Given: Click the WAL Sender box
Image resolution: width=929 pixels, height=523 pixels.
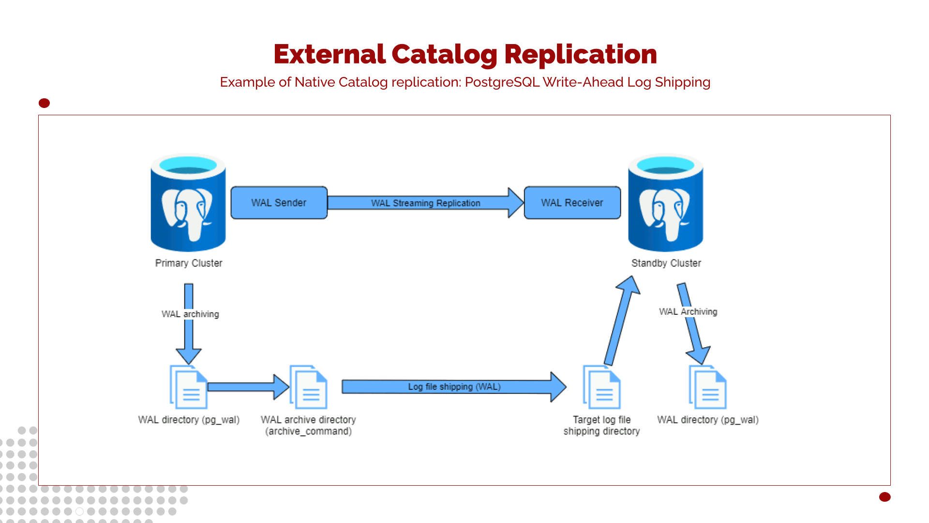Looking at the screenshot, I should (x=279, y=202).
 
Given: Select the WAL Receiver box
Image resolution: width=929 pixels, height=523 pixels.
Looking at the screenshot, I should (x=572, y=202).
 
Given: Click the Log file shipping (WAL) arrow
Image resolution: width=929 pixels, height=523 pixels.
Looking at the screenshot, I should (x=453, y=386).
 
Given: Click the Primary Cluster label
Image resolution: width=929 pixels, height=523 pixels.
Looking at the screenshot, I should (x=189, y=263).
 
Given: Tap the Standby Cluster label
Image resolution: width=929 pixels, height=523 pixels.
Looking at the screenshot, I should (x=666, y=263).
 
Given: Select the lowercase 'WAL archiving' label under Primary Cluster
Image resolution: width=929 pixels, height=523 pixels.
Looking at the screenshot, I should (x=190, y=314).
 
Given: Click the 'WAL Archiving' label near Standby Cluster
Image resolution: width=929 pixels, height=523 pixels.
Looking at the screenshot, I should (x=688, y=311).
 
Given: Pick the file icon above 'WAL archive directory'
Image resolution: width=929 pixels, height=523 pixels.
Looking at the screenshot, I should (x=309, y=387).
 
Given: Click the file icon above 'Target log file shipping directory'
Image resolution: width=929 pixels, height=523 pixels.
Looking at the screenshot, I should (x=602, y=387).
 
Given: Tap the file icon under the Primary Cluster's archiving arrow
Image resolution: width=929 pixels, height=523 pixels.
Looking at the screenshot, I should (x=189, y=387).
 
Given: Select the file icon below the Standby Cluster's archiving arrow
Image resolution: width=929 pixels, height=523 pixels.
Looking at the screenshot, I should (x=707, y=387).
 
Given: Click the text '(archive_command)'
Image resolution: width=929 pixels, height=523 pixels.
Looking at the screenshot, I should (x=308, y=431).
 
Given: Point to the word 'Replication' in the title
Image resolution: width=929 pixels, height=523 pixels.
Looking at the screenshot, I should (x=580, y=54).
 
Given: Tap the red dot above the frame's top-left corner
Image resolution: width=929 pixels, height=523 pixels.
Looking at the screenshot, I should (x=44, y=103).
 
